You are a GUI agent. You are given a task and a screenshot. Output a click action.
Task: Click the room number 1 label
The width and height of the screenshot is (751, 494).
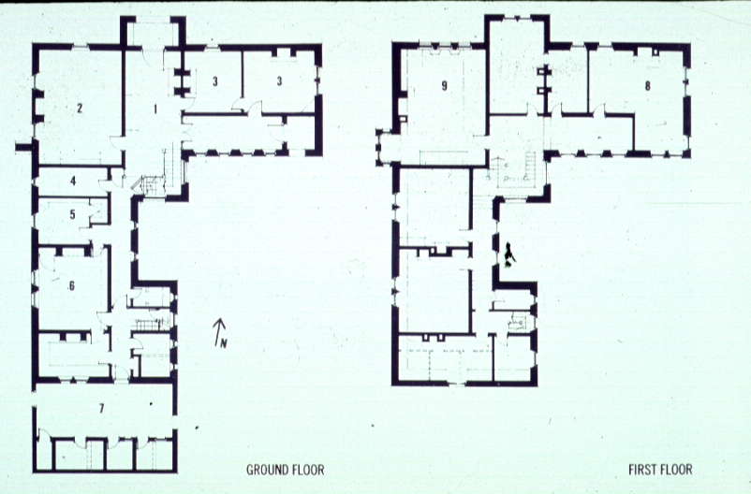(x=155, y=109)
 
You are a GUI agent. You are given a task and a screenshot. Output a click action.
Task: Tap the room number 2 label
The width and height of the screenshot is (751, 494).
(x=80, y=109)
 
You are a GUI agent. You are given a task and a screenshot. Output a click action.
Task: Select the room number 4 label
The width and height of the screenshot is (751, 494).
(x=73, y=181)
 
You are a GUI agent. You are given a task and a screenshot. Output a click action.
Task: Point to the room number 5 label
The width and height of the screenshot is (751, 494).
(x=72, y=214)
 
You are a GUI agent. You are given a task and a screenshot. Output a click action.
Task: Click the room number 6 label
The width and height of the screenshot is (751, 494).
(x=72, y=285)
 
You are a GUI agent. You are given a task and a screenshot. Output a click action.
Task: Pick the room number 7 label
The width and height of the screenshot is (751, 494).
(x=101, y=408)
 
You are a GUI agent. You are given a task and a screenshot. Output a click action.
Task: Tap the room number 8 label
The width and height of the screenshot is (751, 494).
(x=648, y=86)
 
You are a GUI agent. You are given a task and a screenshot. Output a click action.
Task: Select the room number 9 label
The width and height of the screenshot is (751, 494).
(x=445, y=86)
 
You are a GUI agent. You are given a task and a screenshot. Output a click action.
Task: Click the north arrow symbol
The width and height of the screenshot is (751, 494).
(x=218, y=329)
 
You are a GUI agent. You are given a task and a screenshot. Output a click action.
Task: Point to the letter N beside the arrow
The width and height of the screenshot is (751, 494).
(x=224, y=342)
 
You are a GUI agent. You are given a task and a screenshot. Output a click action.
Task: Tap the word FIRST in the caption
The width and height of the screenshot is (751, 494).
(x=642, y=470)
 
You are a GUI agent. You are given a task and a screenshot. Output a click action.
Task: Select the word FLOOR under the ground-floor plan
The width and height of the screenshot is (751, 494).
(x=306, y=470)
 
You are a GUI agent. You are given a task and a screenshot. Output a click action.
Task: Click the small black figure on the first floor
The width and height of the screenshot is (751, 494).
(x=509, y=254)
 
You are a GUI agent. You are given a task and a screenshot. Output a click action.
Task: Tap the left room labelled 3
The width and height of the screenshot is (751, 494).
(x=215, y=80)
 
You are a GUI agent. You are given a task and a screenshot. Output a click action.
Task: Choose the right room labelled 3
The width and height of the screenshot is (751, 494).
(x=279, y=80)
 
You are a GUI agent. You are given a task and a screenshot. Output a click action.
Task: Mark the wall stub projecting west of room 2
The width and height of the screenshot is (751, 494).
(x=24, y=147)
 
